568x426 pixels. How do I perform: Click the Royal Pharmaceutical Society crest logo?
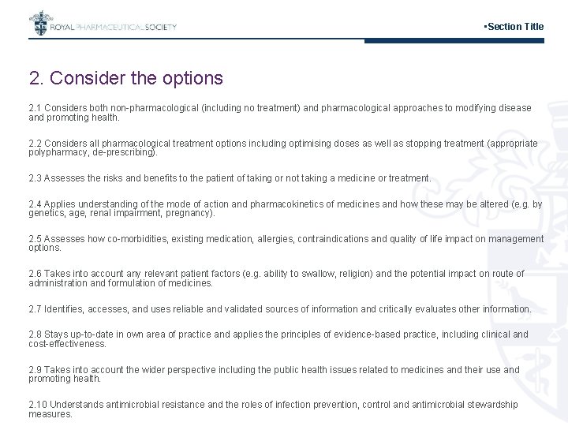[x=39, y=24]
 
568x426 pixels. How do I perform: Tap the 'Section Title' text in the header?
[x=515, y=27]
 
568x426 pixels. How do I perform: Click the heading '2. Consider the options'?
[x=126, y=79]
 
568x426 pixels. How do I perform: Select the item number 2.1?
[x=35, y=108]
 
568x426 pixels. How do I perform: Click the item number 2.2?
[x=35, y=144]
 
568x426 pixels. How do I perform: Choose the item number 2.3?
[x=35, y=178]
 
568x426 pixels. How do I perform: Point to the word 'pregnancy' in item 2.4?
[x=188, y=213]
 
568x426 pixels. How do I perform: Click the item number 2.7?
[x=35, y=309]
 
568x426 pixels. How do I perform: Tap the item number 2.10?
[x=37, y=405]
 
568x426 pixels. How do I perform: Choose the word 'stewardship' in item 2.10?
[x=492, y=405]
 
